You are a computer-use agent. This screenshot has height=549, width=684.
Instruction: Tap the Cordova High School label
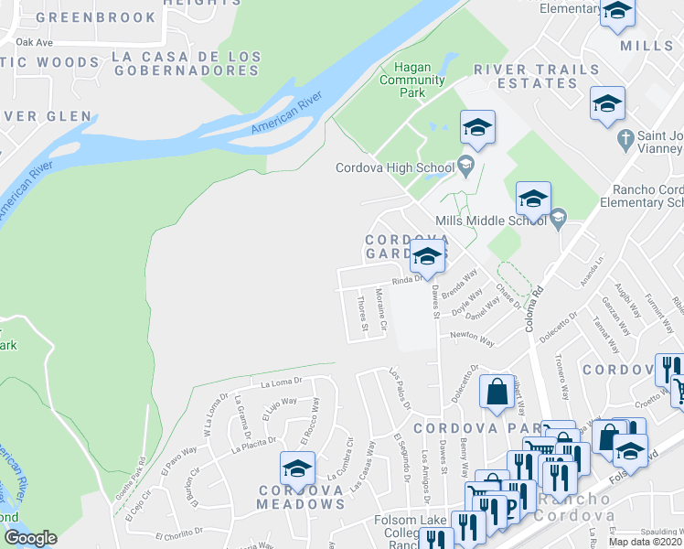coord(394,167)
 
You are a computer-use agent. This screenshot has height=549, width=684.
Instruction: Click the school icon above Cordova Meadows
coord(297,468)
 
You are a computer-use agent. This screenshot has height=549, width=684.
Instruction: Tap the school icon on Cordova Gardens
coord(426,258)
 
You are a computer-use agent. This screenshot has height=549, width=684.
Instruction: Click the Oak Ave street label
coord(35,42)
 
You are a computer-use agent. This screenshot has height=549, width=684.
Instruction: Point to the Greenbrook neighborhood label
coord(84,16)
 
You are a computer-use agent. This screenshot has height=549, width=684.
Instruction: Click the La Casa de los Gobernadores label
coord(186,64)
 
